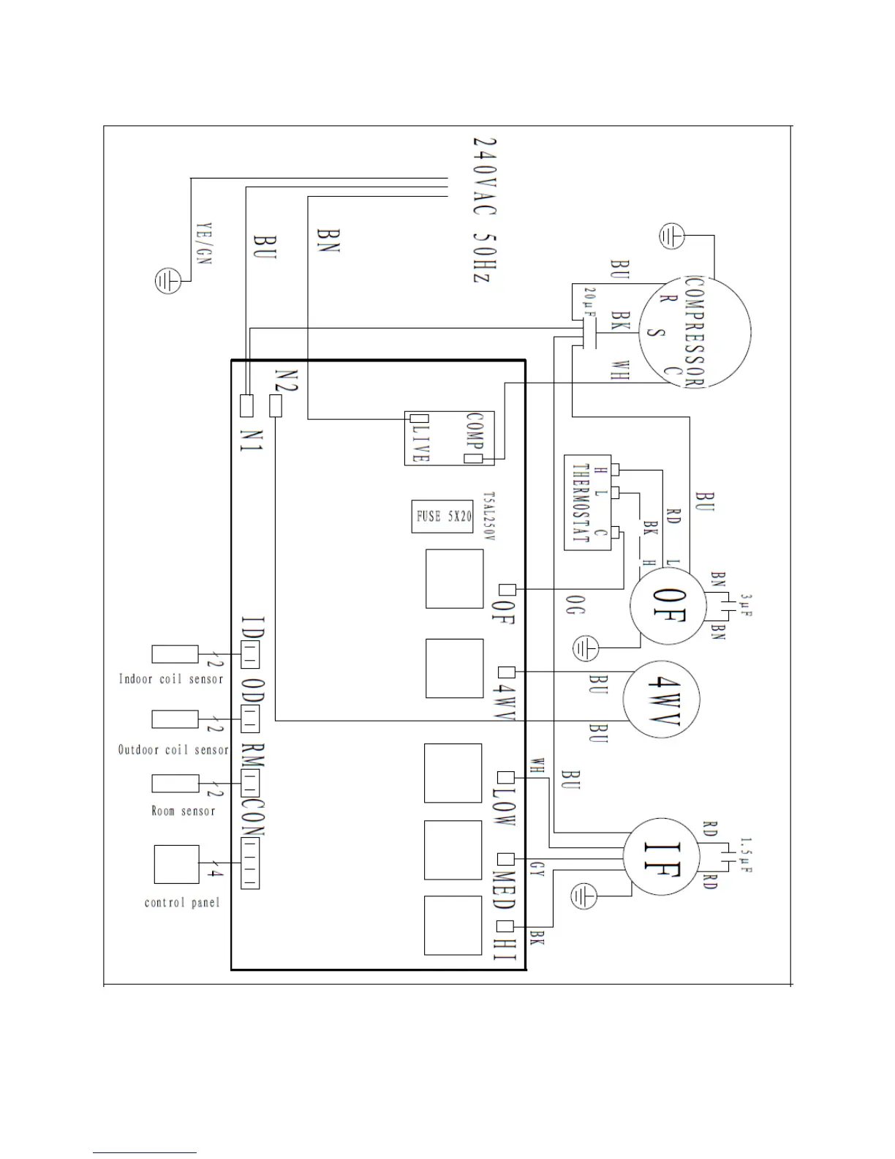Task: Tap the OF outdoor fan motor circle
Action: tap(668, 605)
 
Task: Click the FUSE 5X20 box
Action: tap(442, 517)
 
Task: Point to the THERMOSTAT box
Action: tap(587, 503)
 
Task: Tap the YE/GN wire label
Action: tap(204, 243)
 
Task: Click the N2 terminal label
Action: tap(285, 380)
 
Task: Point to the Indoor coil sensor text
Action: tap(170, 679)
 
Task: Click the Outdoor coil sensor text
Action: tap(173, 750)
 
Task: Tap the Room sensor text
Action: tap(183, 811)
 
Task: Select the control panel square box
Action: tap(177, 864)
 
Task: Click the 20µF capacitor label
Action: tap(589, 301)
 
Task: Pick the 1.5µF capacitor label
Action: tap(746, 855)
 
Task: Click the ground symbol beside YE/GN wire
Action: tap(167, 281)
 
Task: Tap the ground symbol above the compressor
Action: tap(671, 236)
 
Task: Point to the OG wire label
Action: tap(574, 604)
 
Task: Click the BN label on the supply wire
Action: tap(327, 240)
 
